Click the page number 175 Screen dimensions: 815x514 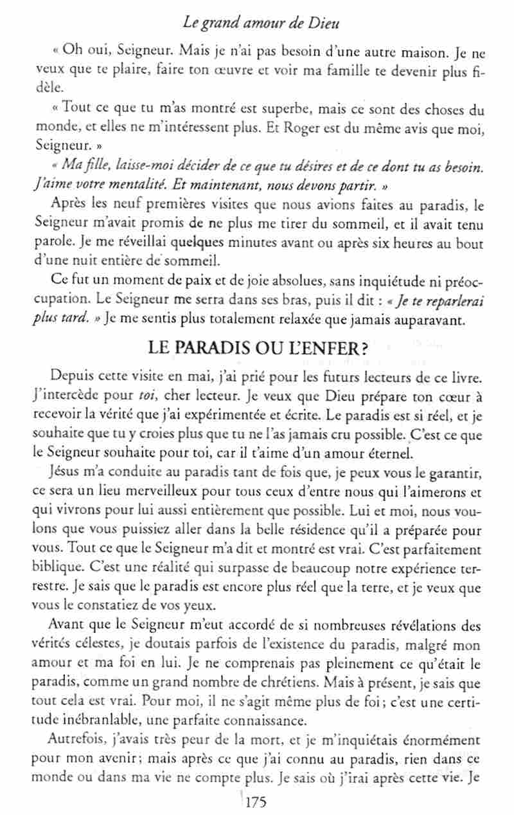[x=254, y=803]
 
